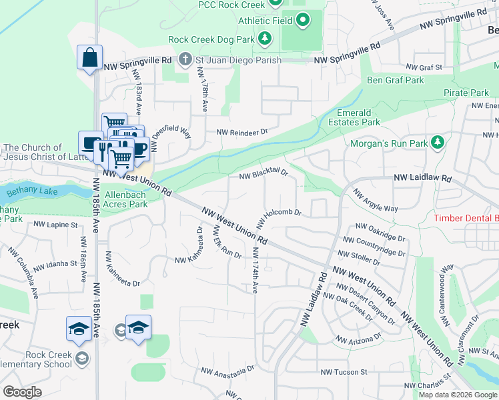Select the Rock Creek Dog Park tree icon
tap(265, 39)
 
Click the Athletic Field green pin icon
tap(302, 20)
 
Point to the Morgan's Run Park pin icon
tap(438, 142)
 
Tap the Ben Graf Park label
tap(395, 81)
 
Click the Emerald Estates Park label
tap(354, 117)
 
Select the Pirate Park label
tap(466, 93)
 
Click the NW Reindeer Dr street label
tap(241, 132)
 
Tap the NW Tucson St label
tap(344, 372)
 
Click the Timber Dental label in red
tap(466, 219)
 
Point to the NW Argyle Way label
tap(375, 202)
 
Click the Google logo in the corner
tap(22, 392)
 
